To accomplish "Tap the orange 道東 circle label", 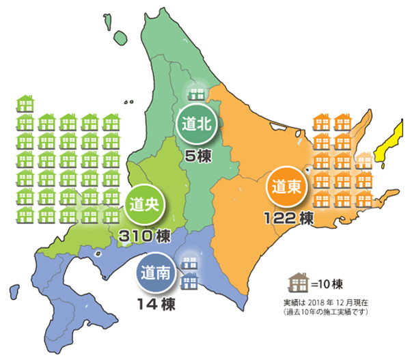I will (x=284, y=185).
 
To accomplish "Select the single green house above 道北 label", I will (x=195, y=92).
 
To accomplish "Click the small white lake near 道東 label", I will (x=309, y=168).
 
